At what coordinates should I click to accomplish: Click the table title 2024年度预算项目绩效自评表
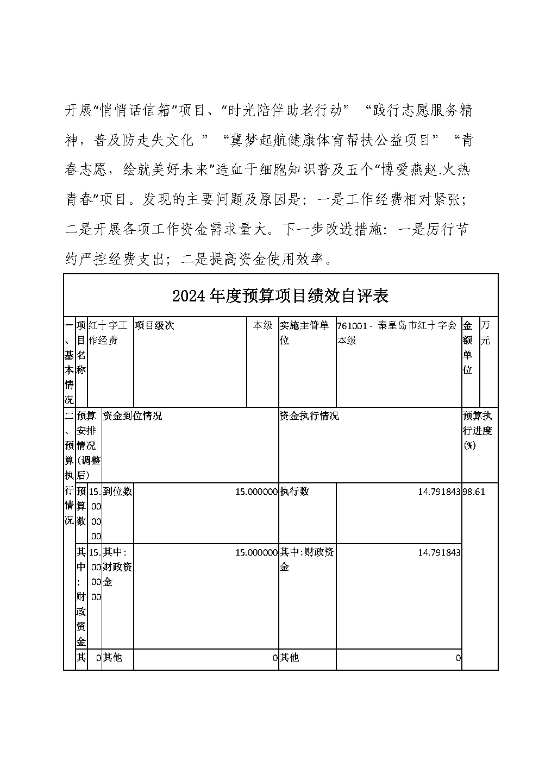pos(280,296)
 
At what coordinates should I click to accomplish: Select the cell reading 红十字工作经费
pos(110,333)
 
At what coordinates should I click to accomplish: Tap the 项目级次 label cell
pos(154,326)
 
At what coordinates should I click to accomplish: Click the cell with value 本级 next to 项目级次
pos(262,326)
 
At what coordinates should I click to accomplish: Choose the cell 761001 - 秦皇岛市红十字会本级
pos(397,333)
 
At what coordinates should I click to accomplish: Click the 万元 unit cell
pos(485,333)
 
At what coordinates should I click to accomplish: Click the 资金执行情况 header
pos(309,416)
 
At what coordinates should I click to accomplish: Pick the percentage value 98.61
pos(473,492)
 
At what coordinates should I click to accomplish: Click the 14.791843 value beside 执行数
pos(439,492)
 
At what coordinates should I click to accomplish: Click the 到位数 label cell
pos(117,492)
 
